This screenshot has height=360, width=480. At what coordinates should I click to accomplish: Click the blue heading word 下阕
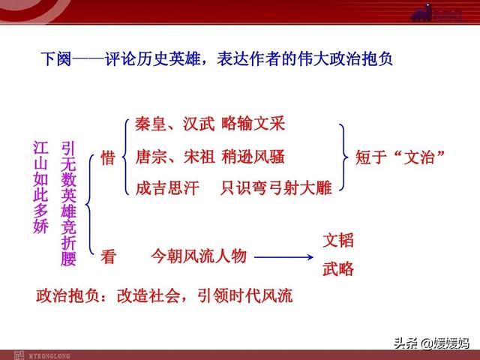[56, 59]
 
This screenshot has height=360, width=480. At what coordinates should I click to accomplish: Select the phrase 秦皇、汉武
[175, 124]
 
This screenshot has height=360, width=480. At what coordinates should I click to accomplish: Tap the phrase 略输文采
[253, 123]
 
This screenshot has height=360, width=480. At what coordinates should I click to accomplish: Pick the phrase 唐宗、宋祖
[175, 157]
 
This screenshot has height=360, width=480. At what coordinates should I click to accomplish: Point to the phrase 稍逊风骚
[253, 157]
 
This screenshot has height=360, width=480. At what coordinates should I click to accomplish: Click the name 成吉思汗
[166, 187]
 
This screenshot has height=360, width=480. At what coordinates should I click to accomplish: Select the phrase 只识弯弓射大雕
[276, 187]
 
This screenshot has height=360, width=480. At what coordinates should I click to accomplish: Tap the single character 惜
[108, 158]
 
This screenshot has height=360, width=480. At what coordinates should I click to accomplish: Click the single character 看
[108, 256]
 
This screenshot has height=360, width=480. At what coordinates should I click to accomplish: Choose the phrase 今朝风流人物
[198, 256]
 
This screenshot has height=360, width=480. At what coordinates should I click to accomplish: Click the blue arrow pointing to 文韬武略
[283, 257]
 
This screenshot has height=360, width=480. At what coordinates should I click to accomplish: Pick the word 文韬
[338, 240]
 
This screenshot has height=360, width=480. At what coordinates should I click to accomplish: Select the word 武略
[338, 268]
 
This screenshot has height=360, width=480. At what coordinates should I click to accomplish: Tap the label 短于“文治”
[400, 157]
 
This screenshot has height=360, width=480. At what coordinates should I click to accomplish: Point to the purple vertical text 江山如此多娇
[40, 187]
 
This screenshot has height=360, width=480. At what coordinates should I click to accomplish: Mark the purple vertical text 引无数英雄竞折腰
[68, 203]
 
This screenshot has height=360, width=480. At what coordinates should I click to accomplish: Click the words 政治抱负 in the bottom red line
[67, 295]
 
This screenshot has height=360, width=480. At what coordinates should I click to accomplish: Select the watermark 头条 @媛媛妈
[431, 343]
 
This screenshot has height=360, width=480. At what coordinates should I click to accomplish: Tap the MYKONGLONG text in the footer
[49, 356]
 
